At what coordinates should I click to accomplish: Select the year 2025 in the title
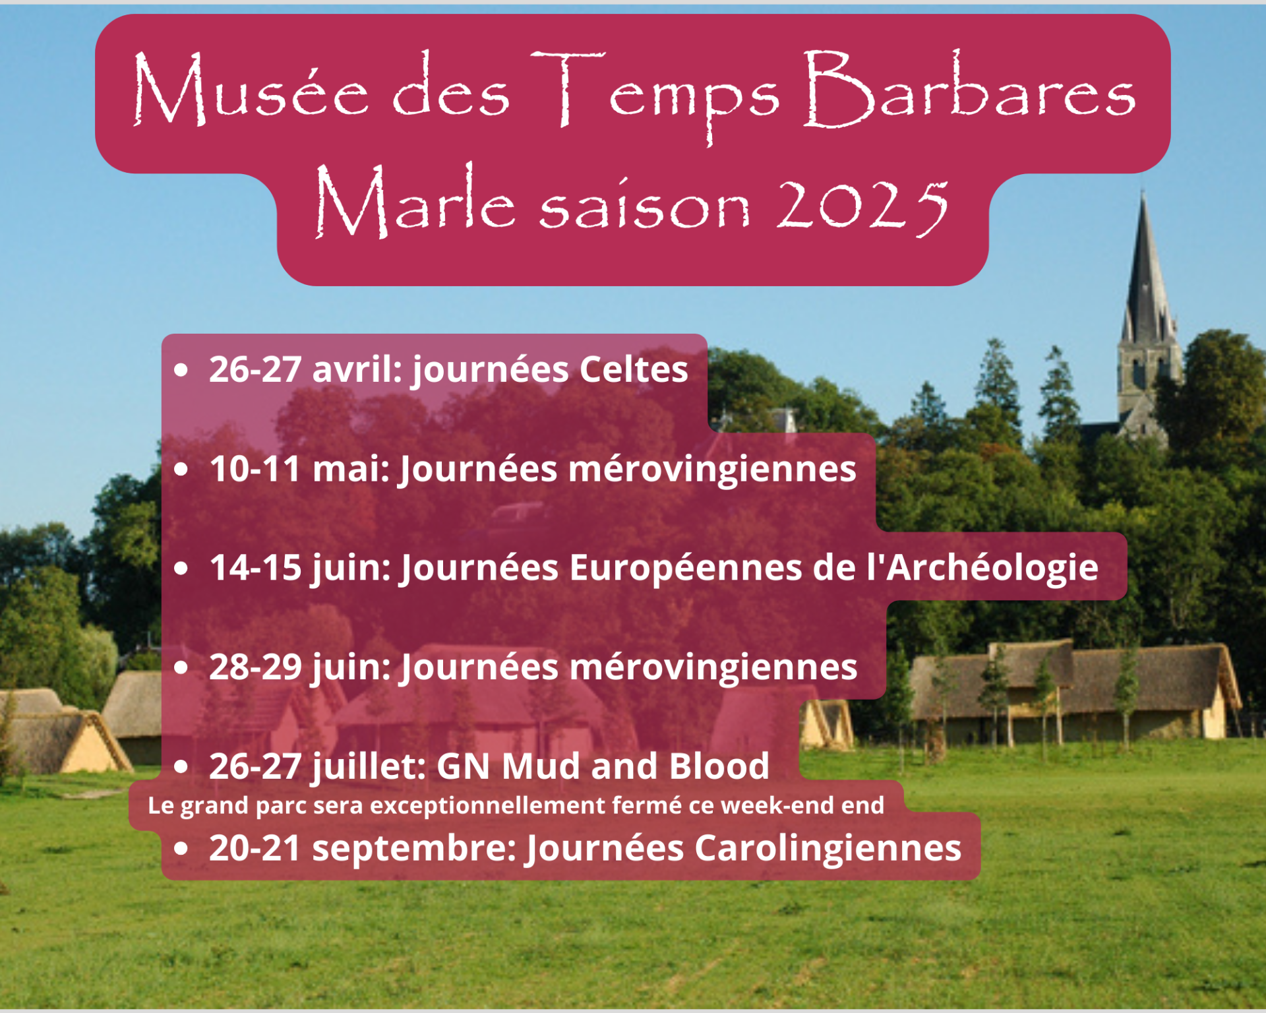pos(862,206)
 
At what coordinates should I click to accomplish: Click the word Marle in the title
pos(415,201)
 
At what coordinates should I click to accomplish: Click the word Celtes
pos(634,369)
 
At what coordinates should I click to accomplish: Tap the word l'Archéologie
pos(982,568)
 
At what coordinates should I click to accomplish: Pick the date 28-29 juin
pos(300,667)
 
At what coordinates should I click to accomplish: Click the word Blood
pos(719,766)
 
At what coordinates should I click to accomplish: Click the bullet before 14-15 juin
pos(181,568)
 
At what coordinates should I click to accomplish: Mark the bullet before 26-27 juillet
pos(181,767)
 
